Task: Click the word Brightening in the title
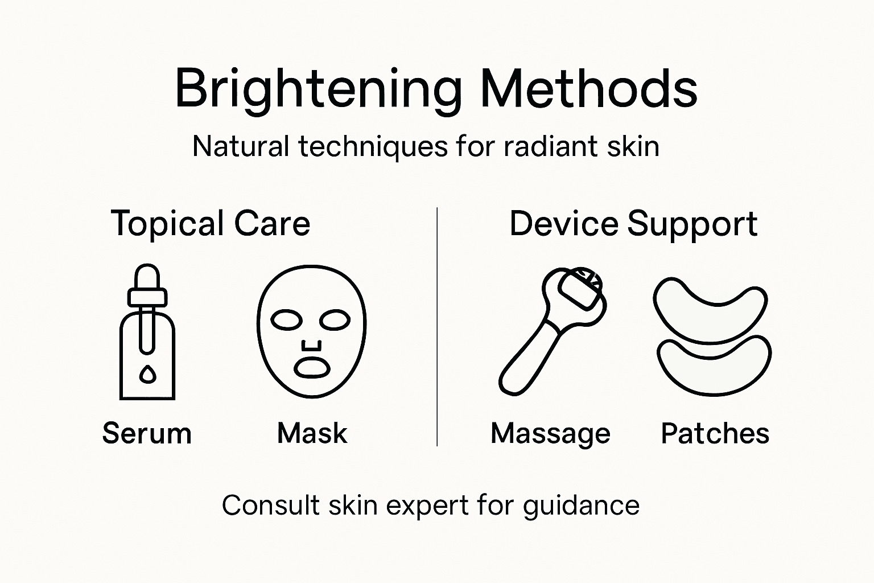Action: click(x=318, y=90)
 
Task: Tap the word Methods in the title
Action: click(x=589, y=89)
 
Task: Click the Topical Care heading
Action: click(x=211, y=223)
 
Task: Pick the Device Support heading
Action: click(x=633, y=223)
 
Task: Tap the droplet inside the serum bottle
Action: click(x=147, y=374)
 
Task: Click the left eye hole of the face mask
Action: click(x=286, y=320)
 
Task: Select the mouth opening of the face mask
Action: click(x=311, y=368)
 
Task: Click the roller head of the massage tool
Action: click(x=579, y=291)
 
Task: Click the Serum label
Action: click(x=147, y=434)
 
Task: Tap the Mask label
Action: click(x=312, y=434)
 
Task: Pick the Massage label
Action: click(x=550, y=434)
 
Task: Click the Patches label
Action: click(x=715, y=434)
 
